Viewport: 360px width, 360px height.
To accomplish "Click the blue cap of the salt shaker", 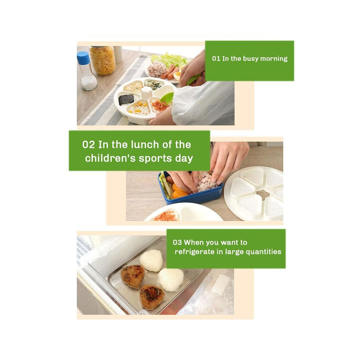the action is pyautogui.click(x=83, y=57).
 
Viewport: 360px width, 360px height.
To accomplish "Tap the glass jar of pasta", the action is pyautogui.click(x=103, y=60).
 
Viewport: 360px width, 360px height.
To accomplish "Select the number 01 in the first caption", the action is pyautogui.click(x=216, y=59).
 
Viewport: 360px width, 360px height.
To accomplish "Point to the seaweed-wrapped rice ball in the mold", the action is pyautogui.click(x=127, y=100).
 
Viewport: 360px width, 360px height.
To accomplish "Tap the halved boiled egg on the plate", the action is pyautogui.click(x=177, y=76).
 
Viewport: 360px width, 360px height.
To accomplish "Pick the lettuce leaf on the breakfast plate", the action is pyautogui.click(x=169, y=59).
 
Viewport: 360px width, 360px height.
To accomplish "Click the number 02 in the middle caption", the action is pyautogui.click(x=88, y=145).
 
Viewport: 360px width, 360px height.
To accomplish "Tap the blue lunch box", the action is pyautogui.click(x=191, y=193).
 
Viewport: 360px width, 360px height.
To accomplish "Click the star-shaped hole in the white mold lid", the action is pyautogui.click(x=263, y=195).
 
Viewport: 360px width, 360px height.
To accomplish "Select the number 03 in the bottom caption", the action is pyautogui.click(x=177, y=243).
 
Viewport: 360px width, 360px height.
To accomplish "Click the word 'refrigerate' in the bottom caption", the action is pyautogui.click(x=195, y=252).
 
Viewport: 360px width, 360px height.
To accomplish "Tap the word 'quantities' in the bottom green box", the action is pyautogui.click(x=263, y=252).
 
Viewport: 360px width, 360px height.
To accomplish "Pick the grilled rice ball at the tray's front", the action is pyautogui.click(x=152, y=297).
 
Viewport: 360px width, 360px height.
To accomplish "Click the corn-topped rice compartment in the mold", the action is pyautogui.click(x=139, y=108).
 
